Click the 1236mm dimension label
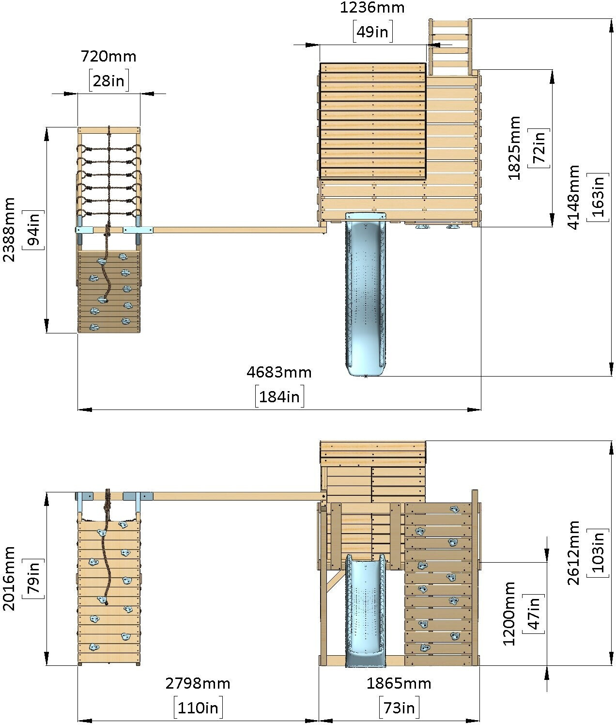click(x=372, y=7)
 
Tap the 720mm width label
click(x=108, y=56)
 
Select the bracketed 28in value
click(x=108, y=80)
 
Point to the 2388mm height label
click(x=9, y=230)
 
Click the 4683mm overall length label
click(x=279, y=373)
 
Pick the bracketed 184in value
click(x=279, y=396)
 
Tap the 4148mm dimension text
click(x=573, y=197)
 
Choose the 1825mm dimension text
click(x=514, y=148)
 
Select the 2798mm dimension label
click(x=198, y=684)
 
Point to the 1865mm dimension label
click(x=399, y=684)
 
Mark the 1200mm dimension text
click(x=508, y=614)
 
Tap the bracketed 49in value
click(x=372, y=32)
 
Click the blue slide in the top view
click(x=366, y=294)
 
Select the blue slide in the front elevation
click(x=366, y=611)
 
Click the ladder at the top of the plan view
click(x=449, y=47)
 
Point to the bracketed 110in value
click(x=198, y=708)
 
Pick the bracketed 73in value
click(x=399, y=708)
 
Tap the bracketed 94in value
click(x=33, y=230)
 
